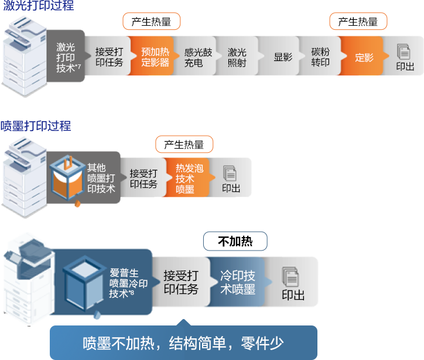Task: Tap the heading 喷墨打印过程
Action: [36, 125]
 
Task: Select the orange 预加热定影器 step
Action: [155, 56]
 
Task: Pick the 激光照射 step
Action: [237, 57]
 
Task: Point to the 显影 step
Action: [283, 57]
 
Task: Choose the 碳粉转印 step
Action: [320, 57]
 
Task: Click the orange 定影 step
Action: [364, 57]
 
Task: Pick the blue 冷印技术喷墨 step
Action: [237, 282]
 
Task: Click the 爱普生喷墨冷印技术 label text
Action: [128, 282]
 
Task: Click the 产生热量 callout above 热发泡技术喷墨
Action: [184, 145]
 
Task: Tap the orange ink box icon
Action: [67, 176]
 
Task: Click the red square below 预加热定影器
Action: [137, 87]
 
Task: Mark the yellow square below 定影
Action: [367, 87]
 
